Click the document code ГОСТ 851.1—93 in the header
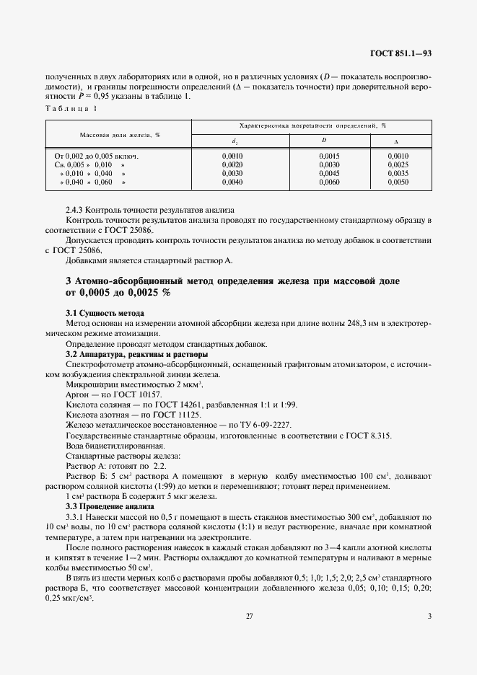401,53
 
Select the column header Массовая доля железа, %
119,135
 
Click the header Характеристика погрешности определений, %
312,125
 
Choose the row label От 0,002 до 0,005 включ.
96,155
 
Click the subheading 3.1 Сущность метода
105,314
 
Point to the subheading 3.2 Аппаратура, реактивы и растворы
137,355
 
